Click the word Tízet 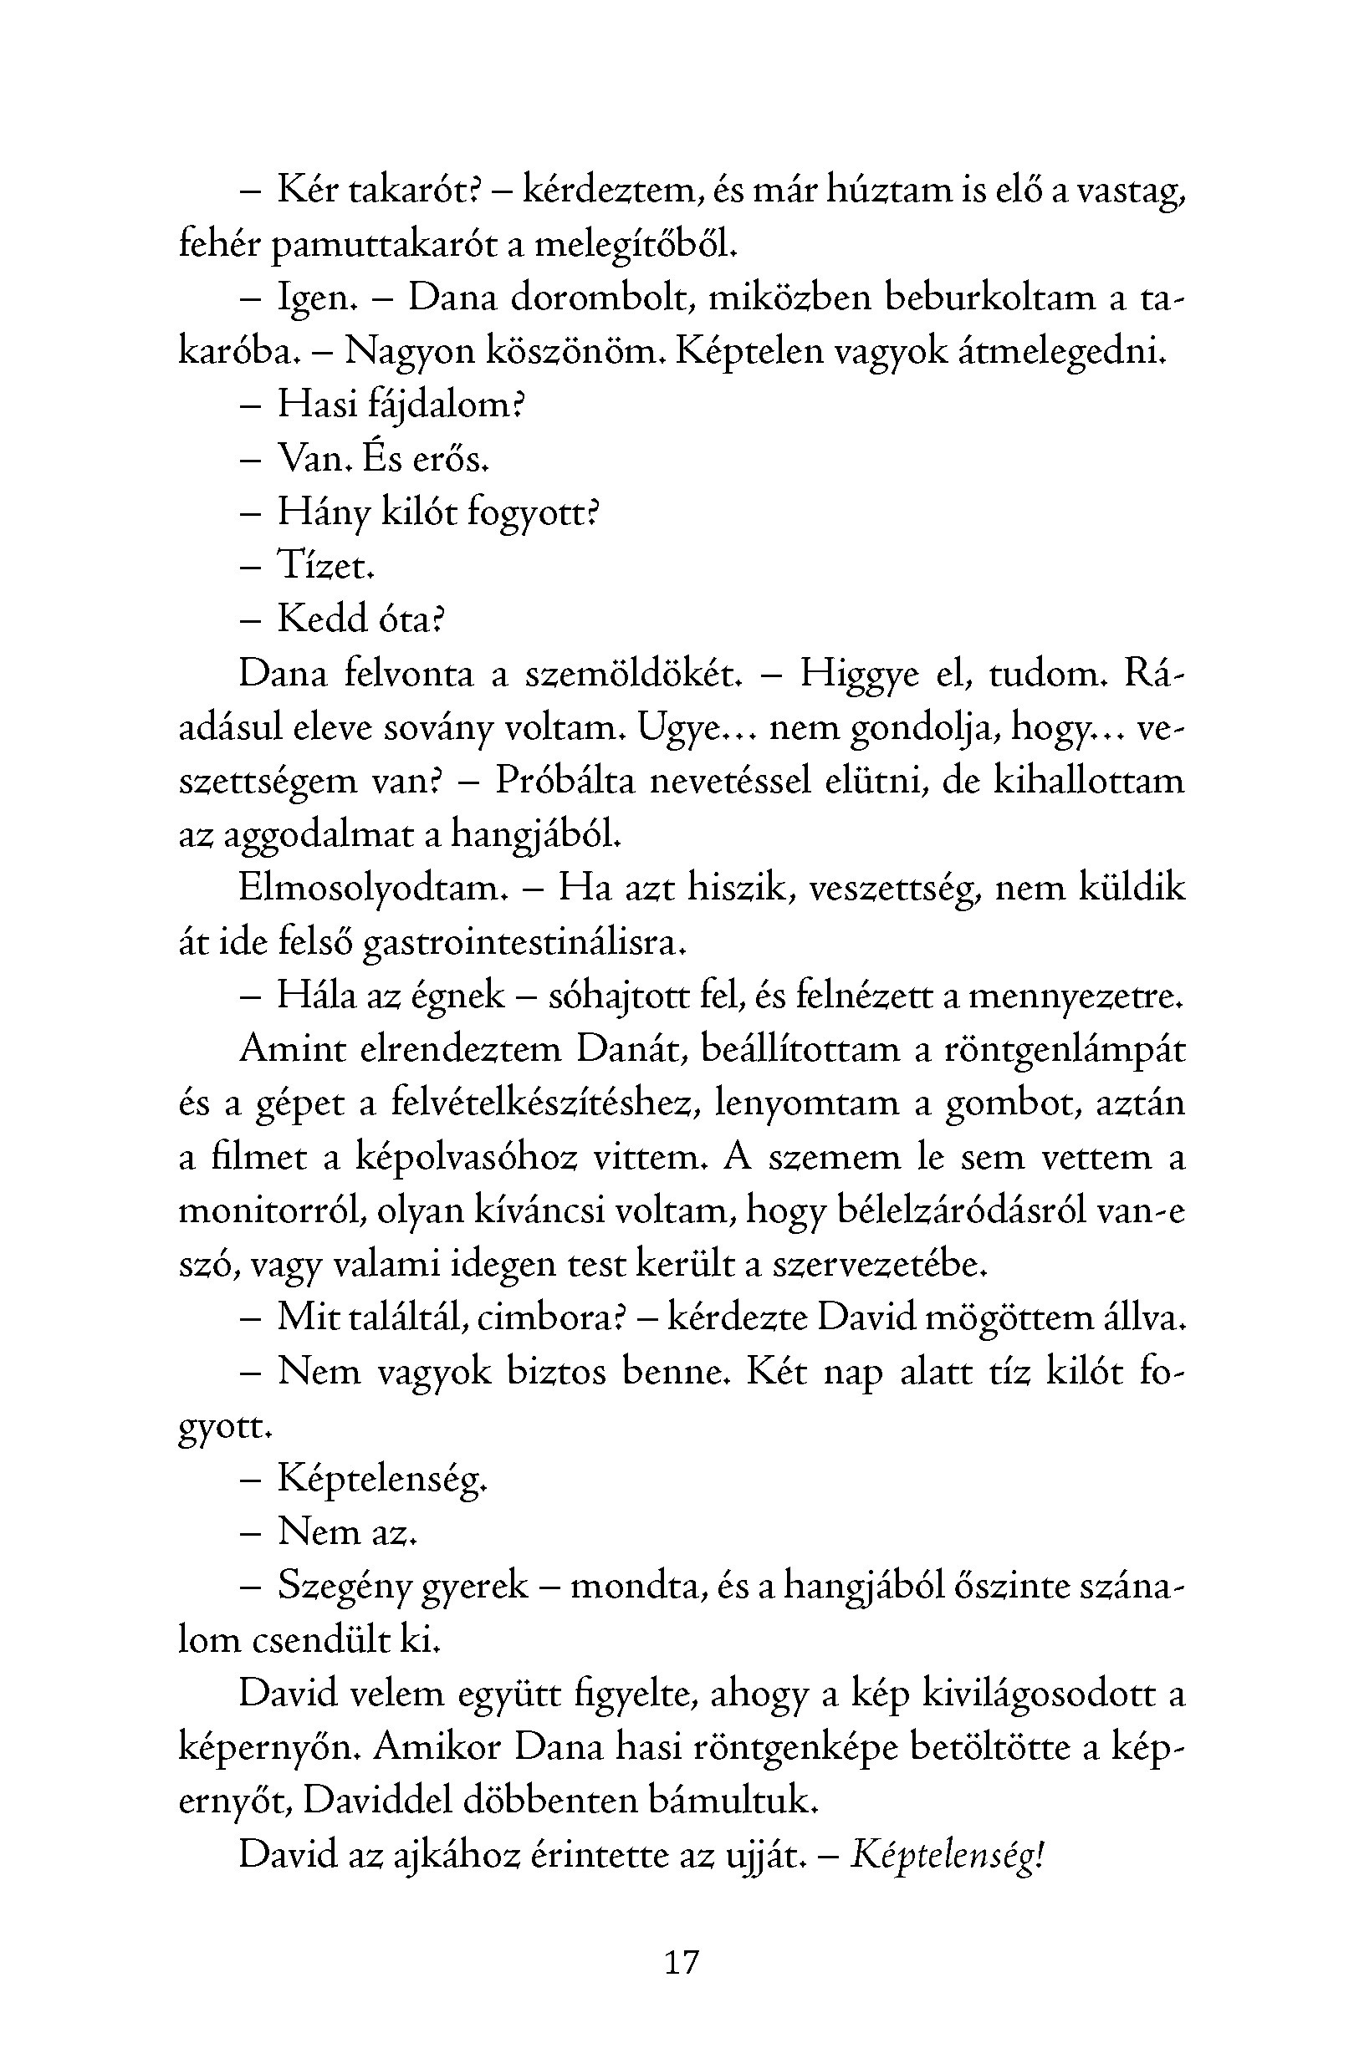coord(325,565)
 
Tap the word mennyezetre coord(1075,996)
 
